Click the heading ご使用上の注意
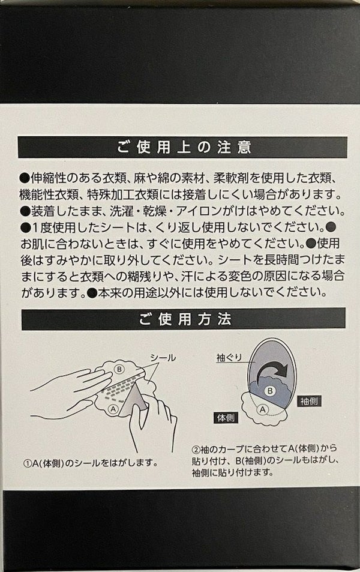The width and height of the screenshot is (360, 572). [184, 148]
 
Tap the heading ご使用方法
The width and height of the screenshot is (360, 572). [185, 319]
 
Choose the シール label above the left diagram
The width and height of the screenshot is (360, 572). [163, 358]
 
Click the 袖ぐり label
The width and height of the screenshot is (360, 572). [229, 358]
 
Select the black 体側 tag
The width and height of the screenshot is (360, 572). [226, 418]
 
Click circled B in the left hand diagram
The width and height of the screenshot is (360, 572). [119, 369]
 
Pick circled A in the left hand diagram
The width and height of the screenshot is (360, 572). [113, 409]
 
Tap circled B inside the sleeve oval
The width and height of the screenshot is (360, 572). [270, 391]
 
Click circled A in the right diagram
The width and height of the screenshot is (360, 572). [263, 409]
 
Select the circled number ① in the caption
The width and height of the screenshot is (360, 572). [28, 463]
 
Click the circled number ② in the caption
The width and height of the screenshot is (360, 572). [196, 448]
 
